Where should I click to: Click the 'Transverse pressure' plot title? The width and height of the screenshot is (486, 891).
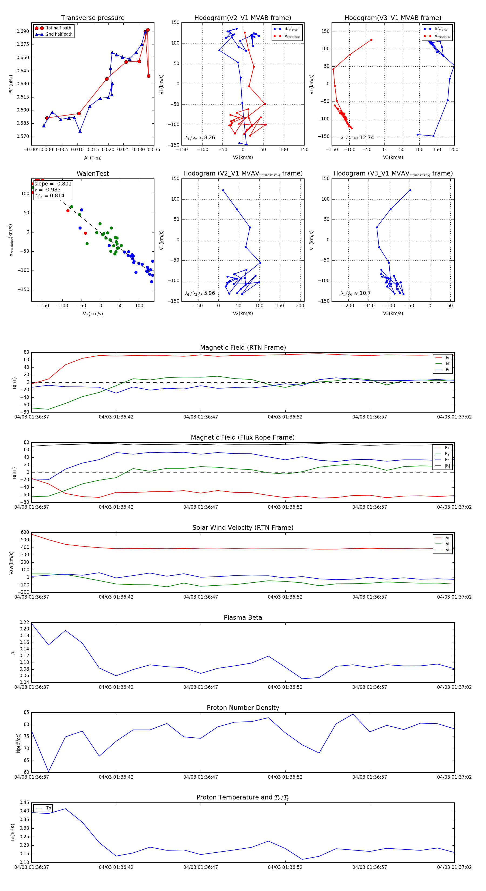pos(93,18)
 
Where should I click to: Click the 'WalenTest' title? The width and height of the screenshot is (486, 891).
pos(93,174)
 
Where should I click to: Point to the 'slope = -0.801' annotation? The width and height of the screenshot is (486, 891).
pos(53,184)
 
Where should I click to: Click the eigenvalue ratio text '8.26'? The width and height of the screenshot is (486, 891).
pos(209,138)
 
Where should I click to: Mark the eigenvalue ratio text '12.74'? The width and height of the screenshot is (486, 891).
pos(366,138)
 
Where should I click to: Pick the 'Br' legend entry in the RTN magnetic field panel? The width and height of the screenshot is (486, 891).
pos(448,358)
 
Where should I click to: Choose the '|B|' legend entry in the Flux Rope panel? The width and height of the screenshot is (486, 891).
pos(447,466)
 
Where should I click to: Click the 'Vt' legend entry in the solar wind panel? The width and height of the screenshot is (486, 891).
pos(448,544)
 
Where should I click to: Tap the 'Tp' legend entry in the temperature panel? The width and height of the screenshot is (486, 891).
pos(48,808)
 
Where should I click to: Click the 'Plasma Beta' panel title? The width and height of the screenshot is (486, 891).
pos(243,618)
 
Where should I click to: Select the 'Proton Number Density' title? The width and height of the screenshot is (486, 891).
pos(243,708)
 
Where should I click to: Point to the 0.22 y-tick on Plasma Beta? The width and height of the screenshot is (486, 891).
pos(24,623)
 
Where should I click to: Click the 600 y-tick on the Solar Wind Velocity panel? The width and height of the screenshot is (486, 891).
pos(25,532)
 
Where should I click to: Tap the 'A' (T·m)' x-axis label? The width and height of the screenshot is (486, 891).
pos(93,158)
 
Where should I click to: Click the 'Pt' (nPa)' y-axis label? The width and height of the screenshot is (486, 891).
pos(11,84)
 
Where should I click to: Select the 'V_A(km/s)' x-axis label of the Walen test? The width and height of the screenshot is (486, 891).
pos(93,314)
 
